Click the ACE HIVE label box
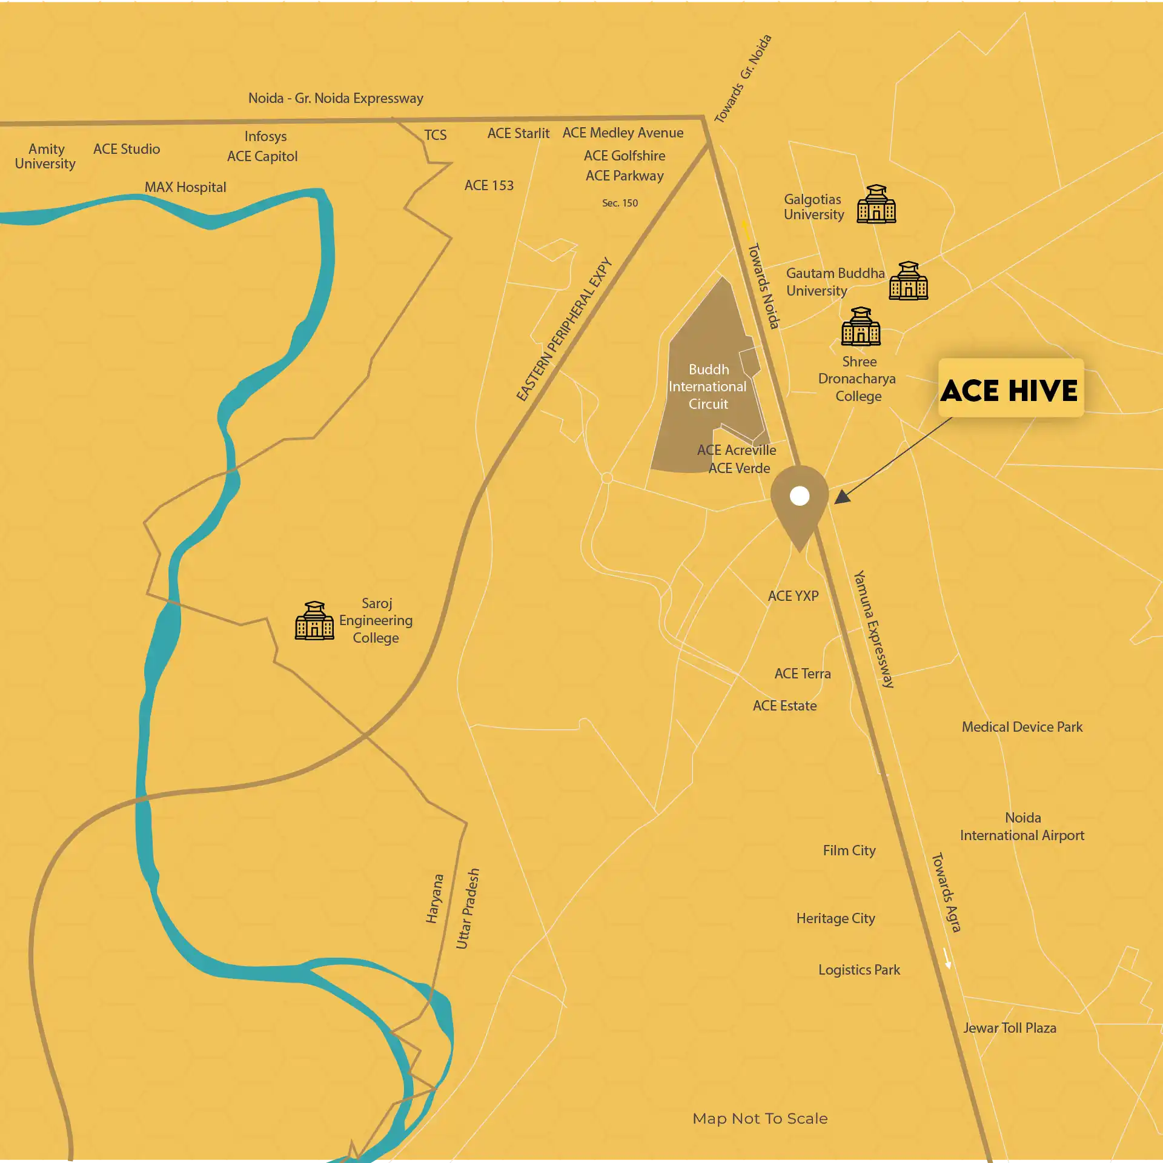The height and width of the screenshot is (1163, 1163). click(1010, 388)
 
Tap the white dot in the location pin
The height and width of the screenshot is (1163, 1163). click(800, 496)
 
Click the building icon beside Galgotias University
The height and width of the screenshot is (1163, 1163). click(876, 204)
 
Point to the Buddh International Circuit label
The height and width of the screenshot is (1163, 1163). click(707, 386)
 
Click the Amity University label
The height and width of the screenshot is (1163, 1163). click(45, 156)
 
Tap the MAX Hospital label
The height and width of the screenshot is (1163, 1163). click(185, 187)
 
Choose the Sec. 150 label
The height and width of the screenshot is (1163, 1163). click(620, 203)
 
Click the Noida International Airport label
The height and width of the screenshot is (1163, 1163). click(1022, 826)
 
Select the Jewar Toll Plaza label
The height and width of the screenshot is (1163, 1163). click(1009, 1028)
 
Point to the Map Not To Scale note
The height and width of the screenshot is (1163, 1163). click(760, 1118)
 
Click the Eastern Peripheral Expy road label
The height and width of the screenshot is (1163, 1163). click(564, 330)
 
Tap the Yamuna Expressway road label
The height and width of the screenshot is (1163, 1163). click(873, 629)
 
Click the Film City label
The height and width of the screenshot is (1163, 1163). click(849, 850)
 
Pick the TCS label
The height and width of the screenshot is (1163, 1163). click(435, 135)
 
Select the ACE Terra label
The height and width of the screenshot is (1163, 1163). click(803, 674)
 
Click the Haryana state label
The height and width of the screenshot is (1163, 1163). click(434, 898)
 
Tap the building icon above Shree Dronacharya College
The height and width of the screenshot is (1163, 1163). click(860, 326)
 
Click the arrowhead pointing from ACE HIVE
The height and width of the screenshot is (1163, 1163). click(843, 497)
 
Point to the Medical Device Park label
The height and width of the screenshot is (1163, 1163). click(1022, 727)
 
